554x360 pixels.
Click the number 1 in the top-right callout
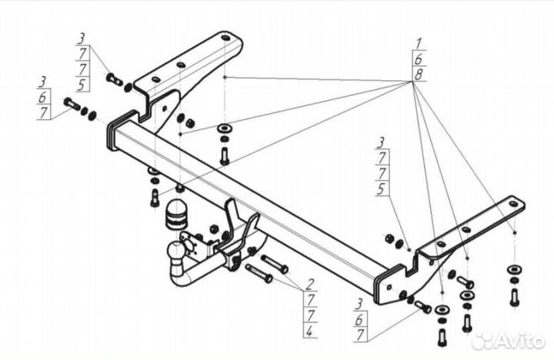click(418, 43)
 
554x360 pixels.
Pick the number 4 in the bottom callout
click(309, 331)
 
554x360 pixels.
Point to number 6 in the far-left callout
click(44, 96)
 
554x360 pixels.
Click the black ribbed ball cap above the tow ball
click(177, 216)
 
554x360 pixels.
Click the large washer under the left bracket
click(225, 127)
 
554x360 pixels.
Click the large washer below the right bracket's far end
click(513, 268)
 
